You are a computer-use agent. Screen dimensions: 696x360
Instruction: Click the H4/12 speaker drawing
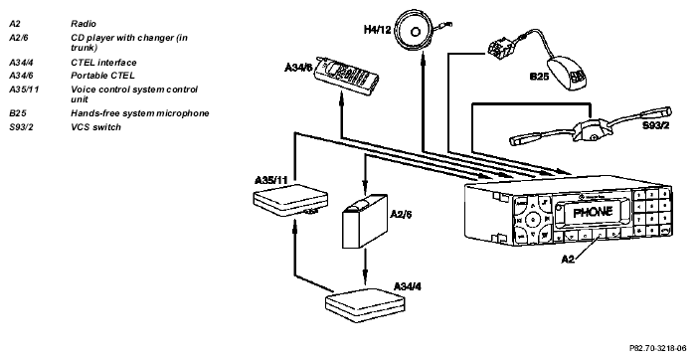[416, 32]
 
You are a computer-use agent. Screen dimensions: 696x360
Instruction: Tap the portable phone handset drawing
[347, 76]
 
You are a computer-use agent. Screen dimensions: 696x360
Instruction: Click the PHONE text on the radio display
[593, 212]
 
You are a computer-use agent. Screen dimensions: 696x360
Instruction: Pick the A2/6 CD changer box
[364, 221]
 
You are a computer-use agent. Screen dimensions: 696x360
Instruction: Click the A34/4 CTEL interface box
[365, 305]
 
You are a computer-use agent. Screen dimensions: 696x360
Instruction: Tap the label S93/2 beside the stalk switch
[655, 125]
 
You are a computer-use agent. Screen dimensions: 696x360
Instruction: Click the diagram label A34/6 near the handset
[298, 68]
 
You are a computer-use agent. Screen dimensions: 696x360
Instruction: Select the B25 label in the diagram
[539, 77]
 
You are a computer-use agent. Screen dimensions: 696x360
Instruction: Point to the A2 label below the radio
[568, 259]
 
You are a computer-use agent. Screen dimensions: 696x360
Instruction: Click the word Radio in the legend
[84, 24]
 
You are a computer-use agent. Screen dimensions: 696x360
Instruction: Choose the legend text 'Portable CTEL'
[102, 76]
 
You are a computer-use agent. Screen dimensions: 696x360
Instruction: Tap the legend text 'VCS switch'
[95, 127]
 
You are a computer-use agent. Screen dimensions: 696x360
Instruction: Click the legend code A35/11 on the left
[24, 90]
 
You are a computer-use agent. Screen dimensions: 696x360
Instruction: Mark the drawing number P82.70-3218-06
[657, 348]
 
